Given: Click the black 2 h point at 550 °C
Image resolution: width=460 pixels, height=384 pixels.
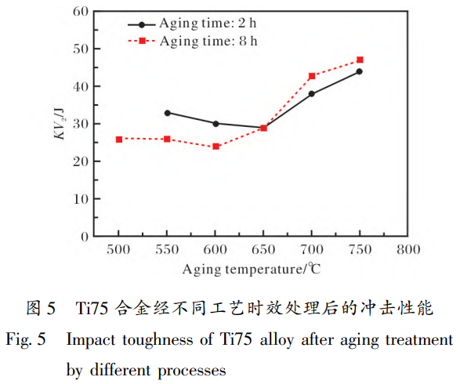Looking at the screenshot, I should (168, 113).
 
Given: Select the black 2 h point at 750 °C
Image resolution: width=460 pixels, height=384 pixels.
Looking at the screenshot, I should (360, 71).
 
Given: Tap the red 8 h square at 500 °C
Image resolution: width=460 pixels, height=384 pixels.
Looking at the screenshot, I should (119, 139).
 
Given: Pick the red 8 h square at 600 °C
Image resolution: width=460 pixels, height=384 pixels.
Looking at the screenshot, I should (216, 147).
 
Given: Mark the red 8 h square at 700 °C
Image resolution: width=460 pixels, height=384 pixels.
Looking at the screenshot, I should (312, 76).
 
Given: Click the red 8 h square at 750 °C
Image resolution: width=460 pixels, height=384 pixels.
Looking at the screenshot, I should (360, 60).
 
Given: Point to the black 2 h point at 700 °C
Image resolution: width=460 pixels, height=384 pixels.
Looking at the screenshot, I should (312, 94).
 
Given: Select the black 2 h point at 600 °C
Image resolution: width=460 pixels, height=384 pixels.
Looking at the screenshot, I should (216, 123).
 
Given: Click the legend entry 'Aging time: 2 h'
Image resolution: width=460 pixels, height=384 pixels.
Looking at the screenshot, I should (207, 24).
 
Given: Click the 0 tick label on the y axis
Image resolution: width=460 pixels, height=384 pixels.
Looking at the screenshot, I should (83, 236).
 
